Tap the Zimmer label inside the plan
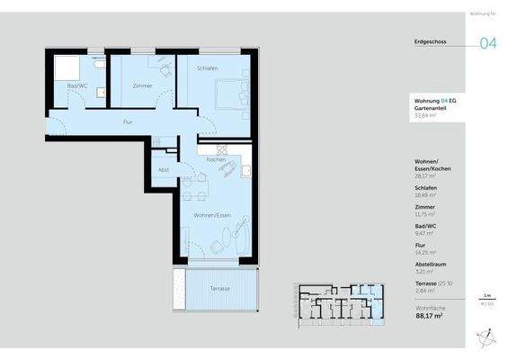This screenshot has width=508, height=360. tap(142, 85)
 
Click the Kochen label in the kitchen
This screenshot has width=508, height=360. tap(216, 159)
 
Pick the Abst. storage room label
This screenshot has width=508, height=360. tap(164, 169)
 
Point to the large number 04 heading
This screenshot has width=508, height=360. tap(488, 44)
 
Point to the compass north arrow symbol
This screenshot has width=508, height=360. tap(486, 336)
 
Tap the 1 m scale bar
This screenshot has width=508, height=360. tap(486, 299)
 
